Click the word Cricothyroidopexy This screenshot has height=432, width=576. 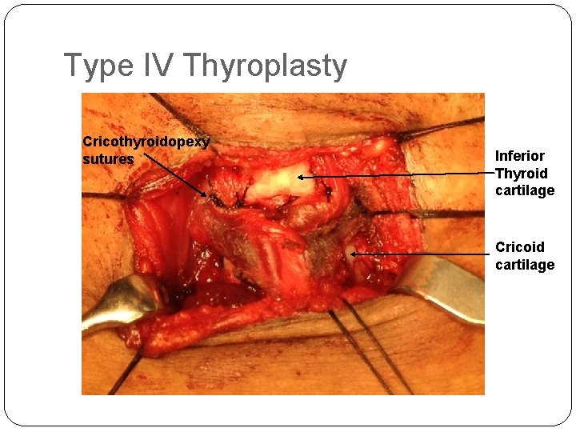(146, 142)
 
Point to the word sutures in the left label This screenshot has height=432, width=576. (108, 159)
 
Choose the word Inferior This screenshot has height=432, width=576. (520, 156)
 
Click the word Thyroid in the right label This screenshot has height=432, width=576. (522, 174)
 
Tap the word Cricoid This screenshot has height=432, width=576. (520, 247)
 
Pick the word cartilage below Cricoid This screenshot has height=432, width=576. (525, 265)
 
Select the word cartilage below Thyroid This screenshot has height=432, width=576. (525, 190)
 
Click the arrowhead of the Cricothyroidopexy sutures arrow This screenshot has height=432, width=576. (207, 194)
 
